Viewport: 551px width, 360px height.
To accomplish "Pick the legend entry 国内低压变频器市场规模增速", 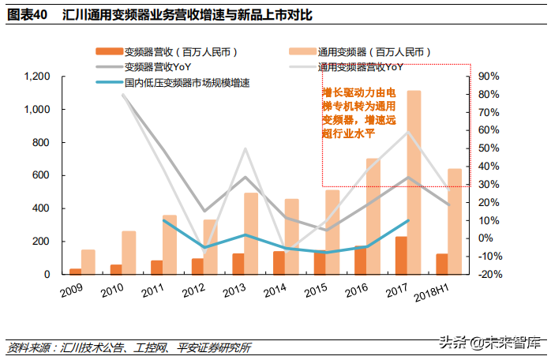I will coord(186,82).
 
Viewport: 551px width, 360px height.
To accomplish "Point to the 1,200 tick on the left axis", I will coord(37,77).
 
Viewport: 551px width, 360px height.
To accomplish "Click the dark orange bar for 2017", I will coord(401,255).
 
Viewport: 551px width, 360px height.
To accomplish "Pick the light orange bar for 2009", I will coord(88,262).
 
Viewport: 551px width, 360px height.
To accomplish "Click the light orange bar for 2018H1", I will coord(455,221).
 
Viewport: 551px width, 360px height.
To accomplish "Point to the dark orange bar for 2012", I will coord(197,266).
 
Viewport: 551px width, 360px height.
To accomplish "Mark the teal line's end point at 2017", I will coord(407,220).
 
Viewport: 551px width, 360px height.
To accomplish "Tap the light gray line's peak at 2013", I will coord(245,148).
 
